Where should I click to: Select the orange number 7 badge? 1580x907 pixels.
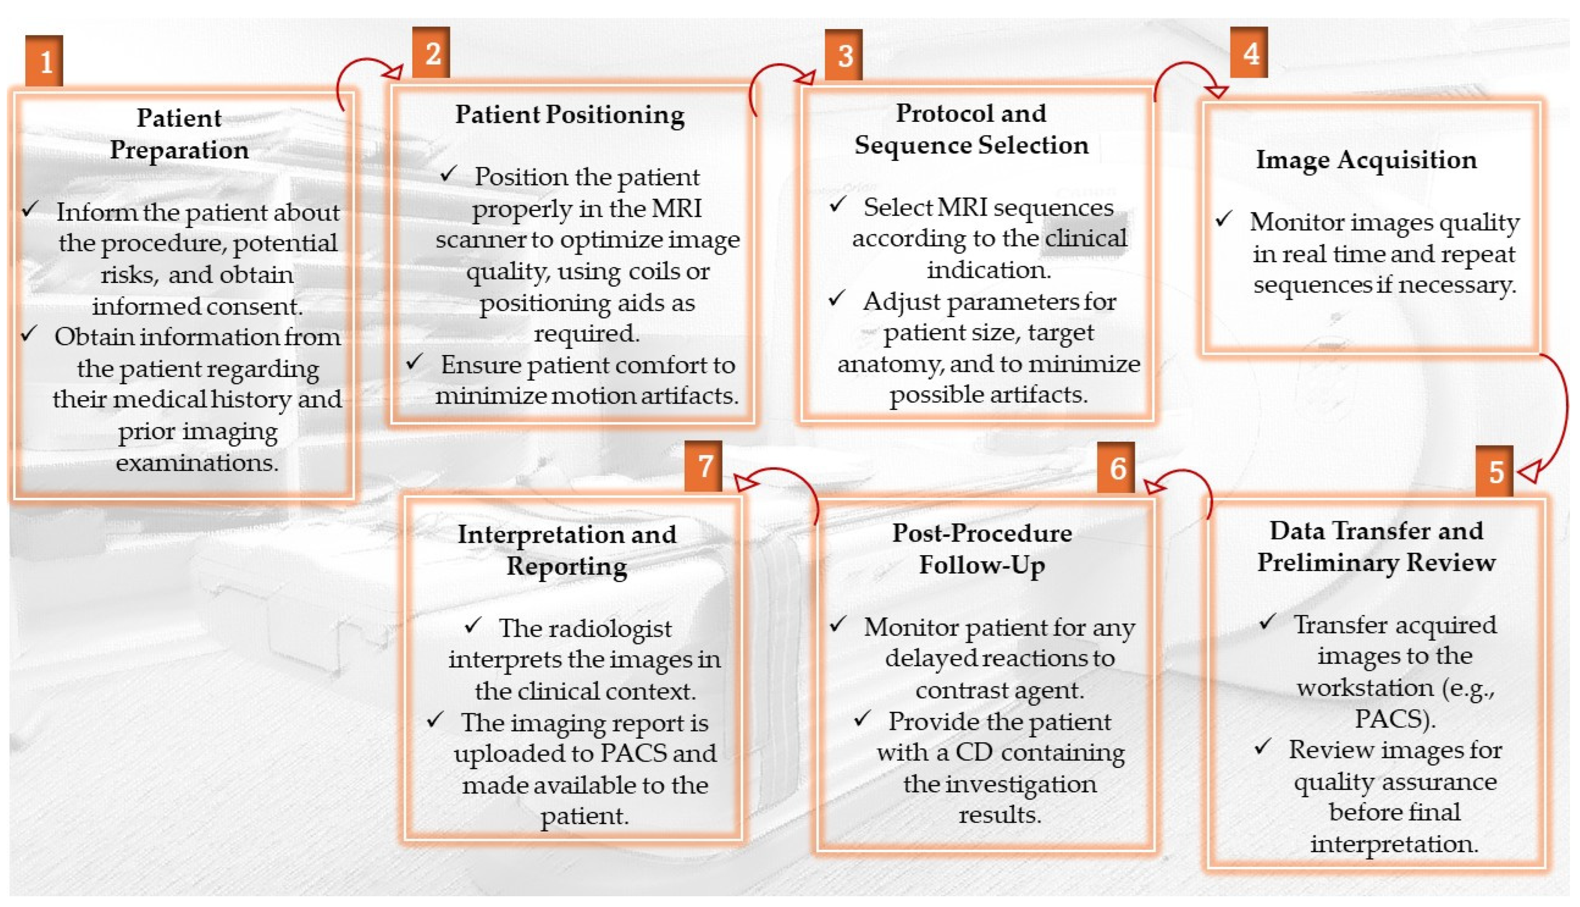pyautogui.click(x=704, y=466)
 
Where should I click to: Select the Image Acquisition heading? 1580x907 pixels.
pyautogui.click(x=1366, y=160)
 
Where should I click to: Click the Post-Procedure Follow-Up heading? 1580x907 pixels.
pyautogui.click(x=982, y=549)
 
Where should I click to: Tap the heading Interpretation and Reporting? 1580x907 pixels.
pyautogui.click(x=567, y=550)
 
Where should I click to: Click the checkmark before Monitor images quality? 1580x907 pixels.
pyautogui.click(x=1224, y=218)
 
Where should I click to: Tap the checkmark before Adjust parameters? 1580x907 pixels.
pyautogui.click(x=837, y=298)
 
